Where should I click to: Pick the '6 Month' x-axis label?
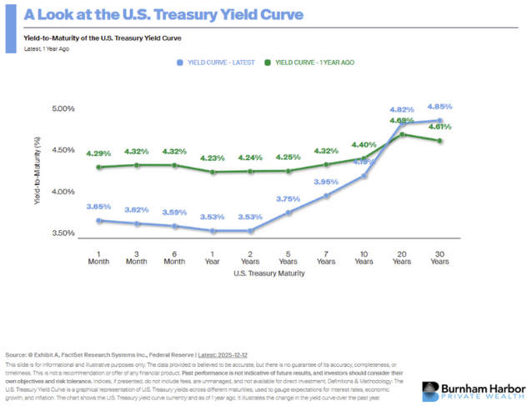[x=175, y=256]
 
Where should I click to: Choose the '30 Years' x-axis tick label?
[x=440, y=256]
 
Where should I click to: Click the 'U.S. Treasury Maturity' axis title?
[x=270, y=273]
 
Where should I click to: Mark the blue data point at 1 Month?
[x=99, y=220]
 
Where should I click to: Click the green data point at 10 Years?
[x=364, y=158]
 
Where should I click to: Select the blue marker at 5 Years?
[x=289, y=213]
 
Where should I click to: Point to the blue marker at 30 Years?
[x=440, y=121]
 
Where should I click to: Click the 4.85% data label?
[x=439, y=107]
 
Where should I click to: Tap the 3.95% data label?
[x=325, y=182]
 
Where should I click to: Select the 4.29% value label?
[x=99, y=153]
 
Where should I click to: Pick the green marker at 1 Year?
[x=213, y=173]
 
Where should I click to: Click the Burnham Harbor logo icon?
[x=430, y=390]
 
